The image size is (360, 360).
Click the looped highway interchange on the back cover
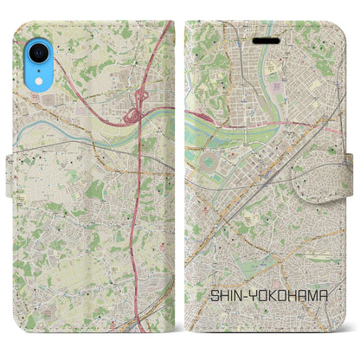[x=134, y=114]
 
